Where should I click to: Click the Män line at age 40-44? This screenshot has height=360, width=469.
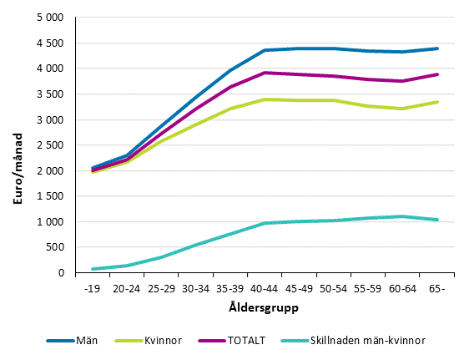click(x=265, y=50)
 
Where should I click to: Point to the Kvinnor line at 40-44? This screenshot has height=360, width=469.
click(x=265, y=99)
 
